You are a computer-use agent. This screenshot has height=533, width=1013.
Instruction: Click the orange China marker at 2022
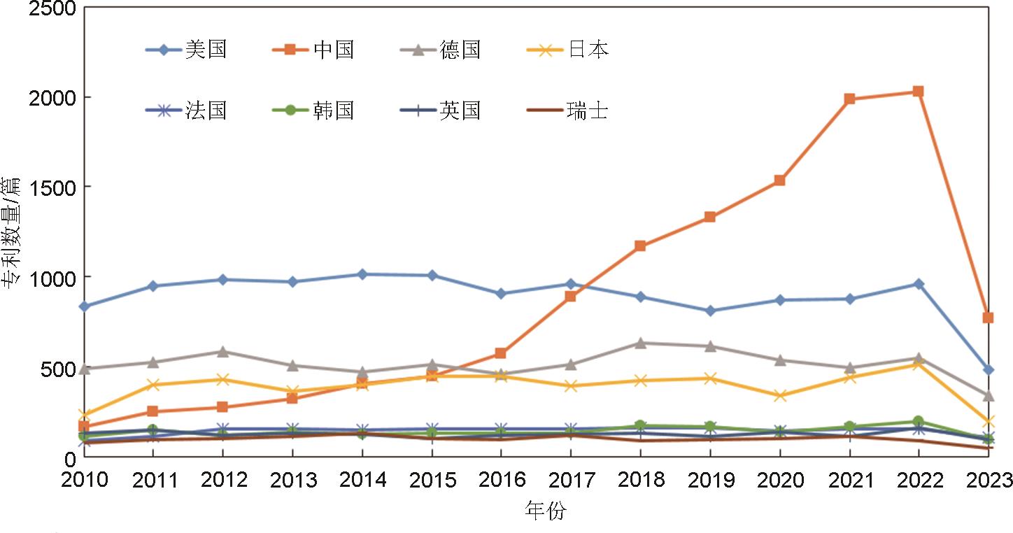pyautogui.click(x=919, y=92)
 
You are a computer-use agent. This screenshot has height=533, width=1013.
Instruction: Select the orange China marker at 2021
pyautogui.click(x=849, y=99)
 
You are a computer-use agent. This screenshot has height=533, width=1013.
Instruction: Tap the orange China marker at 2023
pyautogui.click(x=988, y=318)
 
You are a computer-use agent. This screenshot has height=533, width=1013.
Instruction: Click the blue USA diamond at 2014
pyautogui.click(x=362, y=274)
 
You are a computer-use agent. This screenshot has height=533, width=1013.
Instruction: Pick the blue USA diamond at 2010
pyautogui.click(x=85, y=306)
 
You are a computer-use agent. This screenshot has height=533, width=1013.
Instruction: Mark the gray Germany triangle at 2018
pyautogui.click(x=640, y=343)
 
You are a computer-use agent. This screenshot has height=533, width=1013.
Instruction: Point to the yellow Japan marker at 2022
pyautogui.click(x=919, y=364)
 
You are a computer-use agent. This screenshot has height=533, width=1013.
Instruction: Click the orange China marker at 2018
pyautogui.click(x=640, y=246)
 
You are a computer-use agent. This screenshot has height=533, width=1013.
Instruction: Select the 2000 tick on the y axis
pyautogui.click(x=54, y=97)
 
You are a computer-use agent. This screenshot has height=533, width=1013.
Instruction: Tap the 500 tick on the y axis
pyautogui.click(x=61, y=368)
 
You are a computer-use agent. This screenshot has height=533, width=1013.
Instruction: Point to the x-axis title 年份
pyautogui.click(x=545, y=511)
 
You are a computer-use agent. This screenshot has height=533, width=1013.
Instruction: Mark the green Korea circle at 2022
pyautogui.click(x=919, y=422)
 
